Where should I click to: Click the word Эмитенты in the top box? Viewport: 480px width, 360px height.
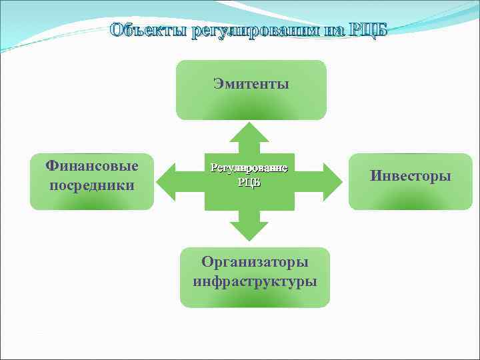pos(251,84)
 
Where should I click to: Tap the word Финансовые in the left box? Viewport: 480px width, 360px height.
pos(91,165)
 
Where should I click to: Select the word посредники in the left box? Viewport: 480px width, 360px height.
pos(91,185)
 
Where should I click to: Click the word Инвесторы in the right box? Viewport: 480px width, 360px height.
pos(411,176)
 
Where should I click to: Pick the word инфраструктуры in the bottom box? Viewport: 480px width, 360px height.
pos(255,281)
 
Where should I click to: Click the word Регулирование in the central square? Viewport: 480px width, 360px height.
pos(249,167)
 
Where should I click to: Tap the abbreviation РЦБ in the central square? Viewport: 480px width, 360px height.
pos(249,182)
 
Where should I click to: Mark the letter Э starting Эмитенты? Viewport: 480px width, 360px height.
pos(218,84)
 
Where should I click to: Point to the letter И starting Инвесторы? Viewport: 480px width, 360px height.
pos(376,176)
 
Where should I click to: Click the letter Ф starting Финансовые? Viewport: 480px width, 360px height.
pos(51,165)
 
